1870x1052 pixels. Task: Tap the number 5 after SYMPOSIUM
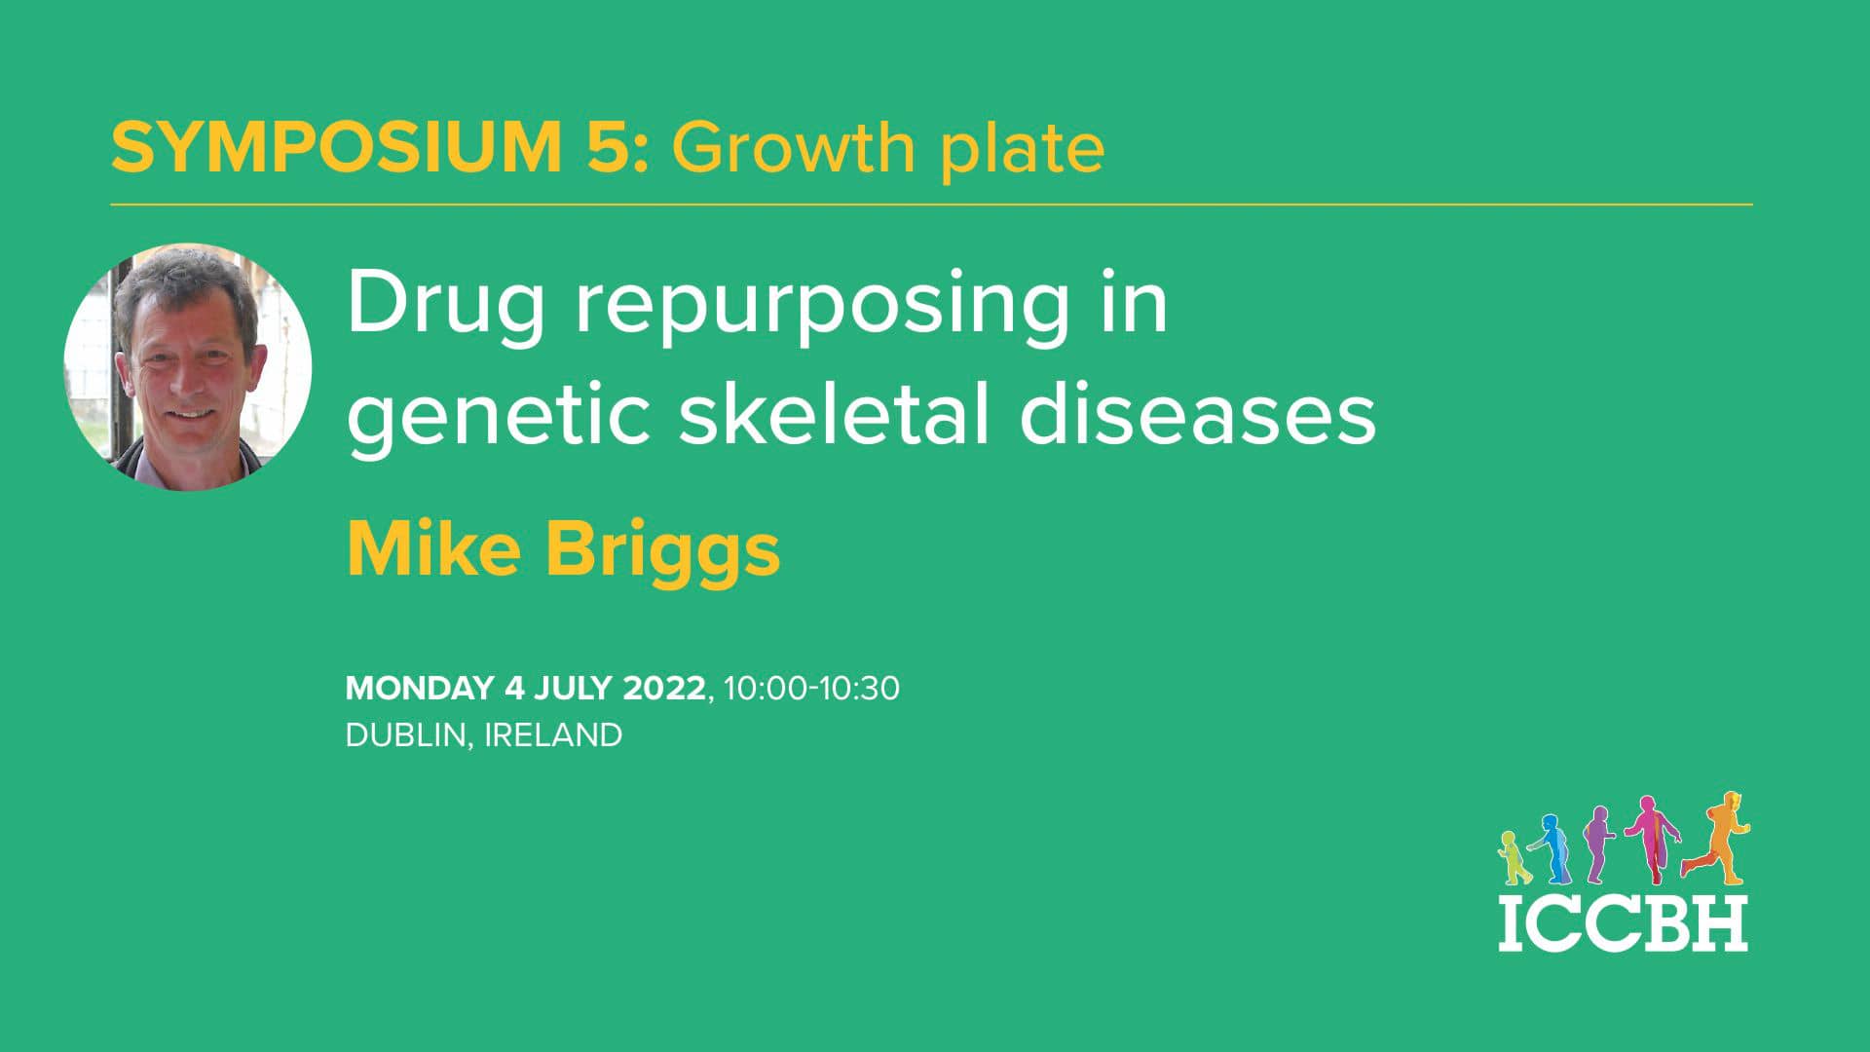[611, 148]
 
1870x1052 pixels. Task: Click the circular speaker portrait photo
[188, 366]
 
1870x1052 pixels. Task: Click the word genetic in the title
[498, 414]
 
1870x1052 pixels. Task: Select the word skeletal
[834, 412]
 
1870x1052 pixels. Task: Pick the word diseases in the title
[1197, 414]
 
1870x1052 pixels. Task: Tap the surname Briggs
[662, 551]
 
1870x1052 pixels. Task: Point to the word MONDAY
[419, 688]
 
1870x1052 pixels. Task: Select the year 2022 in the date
[663, 688]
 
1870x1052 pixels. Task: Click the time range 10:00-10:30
[811, 688]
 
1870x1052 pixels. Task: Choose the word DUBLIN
[405, 735]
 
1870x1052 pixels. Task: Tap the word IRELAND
[553, 735]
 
